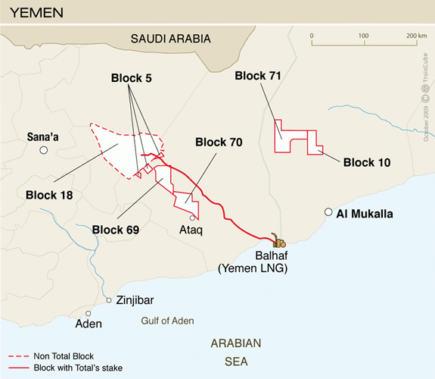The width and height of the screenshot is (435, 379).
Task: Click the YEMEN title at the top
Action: point(36,13)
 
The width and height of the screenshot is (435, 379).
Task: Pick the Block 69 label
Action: point(118,228)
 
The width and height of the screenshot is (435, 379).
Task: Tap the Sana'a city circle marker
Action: point(45,150)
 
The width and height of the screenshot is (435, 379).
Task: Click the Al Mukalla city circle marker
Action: point(328,213)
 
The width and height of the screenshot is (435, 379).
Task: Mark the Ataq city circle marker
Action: point(191,217)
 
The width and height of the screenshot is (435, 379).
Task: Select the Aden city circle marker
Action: point(89,313)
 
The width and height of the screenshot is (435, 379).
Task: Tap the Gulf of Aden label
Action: point(167,321)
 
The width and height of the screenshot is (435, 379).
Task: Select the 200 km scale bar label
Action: point(415,36)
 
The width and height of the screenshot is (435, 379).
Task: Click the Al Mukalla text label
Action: point(365,214)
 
